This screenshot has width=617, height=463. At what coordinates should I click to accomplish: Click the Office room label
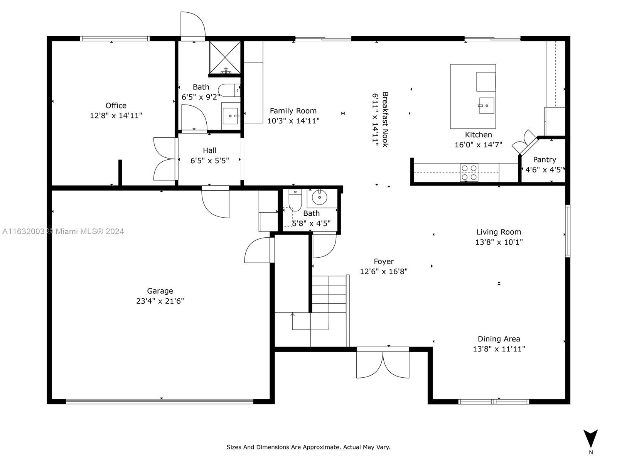pos(116,105)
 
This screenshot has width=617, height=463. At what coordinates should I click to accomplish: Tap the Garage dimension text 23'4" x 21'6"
pos(160,301)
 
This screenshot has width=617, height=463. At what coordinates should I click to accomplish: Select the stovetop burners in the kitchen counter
pos(469,172)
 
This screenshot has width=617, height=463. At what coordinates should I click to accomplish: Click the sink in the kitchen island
pos(487,105)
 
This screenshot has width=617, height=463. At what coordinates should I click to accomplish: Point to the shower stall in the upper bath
pos(225,57)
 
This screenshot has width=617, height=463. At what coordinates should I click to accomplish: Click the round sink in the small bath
pos(319,197)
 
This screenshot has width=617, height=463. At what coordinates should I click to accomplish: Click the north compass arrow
pos(590,438)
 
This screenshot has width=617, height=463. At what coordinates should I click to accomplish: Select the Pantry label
pos(545,160)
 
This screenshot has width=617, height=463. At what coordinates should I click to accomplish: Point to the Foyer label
pos(384,262)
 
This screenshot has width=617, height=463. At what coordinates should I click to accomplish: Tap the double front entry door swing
pos(383,365)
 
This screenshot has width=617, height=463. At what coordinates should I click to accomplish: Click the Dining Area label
pos(499,339)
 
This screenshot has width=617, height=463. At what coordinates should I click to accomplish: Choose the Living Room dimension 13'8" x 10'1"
pos(499,242)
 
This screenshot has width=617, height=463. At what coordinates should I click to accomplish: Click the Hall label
pos(210,150)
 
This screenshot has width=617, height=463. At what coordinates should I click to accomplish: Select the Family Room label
pos(293,111)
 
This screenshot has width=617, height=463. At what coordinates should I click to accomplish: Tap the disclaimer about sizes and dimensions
pos(308,447)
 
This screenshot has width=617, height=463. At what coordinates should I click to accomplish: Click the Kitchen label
pos(479,135)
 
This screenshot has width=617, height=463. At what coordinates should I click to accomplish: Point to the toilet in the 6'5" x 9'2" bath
pos(229,90)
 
